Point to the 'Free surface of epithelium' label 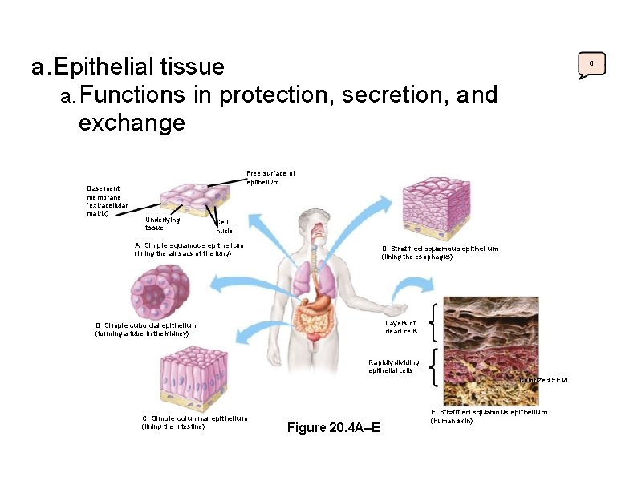tap(270, 177)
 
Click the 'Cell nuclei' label tap(226, 226)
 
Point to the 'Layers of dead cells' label tap(400, 327)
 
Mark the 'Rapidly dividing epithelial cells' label tap(390, 366)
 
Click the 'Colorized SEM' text tap(542, 379)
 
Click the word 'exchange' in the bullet tap(132, 123)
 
